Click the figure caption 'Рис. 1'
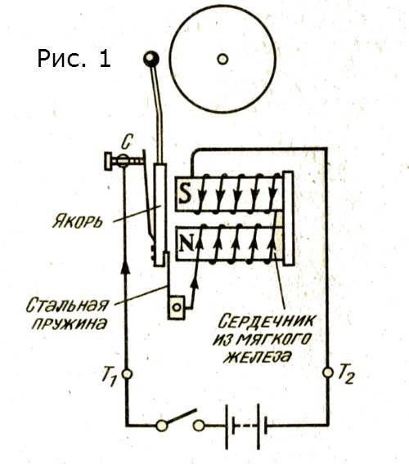(74, 59)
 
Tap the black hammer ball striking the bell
(151, 59)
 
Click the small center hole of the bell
(222, 59)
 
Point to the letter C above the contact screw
(126, 142)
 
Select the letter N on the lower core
(187, 243)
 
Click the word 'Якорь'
(78, 221)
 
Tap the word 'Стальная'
(67, 305)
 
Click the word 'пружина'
(69, 324)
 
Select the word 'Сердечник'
(266, 321)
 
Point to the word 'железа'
(256, 357)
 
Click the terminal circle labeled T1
(127, 374)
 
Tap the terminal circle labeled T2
(328, 373)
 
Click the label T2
(345, 374)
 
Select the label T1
(110, 377)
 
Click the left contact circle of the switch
(161, 426)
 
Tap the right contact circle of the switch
(199, 426)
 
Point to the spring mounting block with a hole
(177, 307)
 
